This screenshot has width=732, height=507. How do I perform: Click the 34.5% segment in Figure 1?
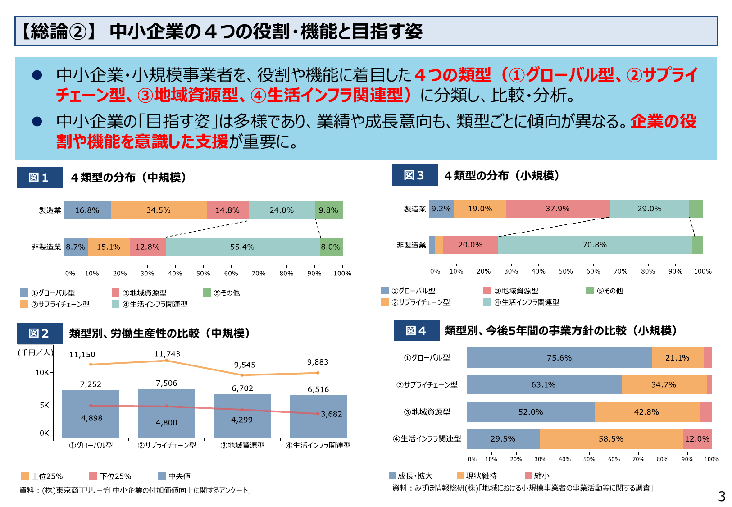click(159, 210)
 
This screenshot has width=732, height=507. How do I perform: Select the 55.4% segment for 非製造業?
click(242, 247)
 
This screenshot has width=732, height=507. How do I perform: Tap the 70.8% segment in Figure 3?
click(595, 245)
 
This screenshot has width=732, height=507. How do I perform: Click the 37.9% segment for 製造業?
click(558, 209)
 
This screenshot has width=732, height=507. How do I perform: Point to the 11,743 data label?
click(167, 354)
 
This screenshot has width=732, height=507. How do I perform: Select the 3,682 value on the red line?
click(331, 414)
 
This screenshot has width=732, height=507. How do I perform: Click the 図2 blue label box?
click(39, 333)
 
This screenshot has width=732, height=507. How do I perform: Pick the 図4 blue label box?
click(416, 331)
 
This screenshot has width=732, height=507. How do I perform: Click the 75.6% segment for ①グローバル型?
click(559, 358)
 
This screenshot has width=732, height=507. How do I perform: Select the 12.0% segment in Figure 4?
click(697, 439)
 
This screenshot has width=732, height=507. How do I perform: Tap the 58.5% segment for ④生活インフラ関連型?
click(611, 439)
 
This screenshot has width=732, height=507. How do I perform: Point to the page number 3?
click(722, 497)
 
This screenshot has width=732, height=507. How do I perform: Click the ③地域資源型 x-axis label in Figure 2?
click(242, 445)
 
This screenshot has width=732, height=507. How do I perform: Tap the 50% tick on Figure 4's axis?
click(589, 459)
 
